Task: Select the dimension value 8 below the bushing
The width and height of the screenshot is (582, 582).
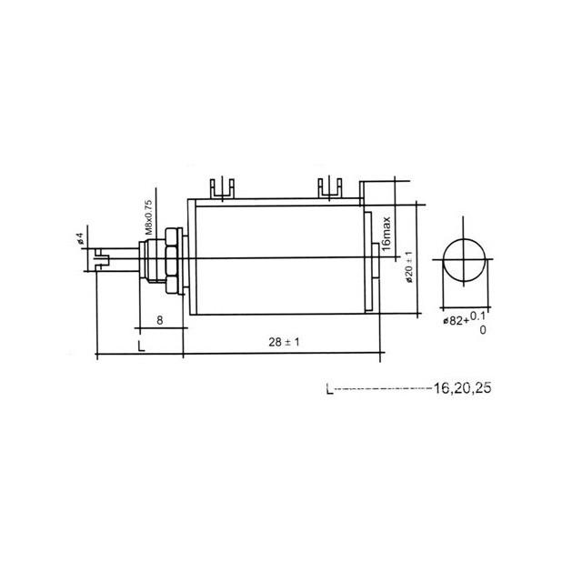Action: tap(159, 319)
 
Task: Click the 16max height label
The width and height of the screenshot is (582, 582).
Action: tap(386, 233)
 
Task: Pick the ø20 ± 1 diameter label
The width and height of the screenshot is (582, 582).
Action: tap(410, 268)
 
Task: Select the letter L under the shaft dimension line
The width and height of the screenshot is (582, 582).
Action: tap(139, 346)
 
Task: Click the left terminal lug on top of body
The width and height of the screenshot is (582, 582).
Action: tap(221, 188)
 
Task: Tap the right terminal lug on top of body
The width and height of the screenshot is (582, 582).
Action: tap(328, 188)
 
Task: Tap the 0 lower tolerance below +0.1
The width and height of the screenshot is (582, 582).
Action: tap(482, 330)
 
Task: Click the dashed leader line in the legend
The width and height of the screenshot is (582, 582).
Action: tap(382, 390)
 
